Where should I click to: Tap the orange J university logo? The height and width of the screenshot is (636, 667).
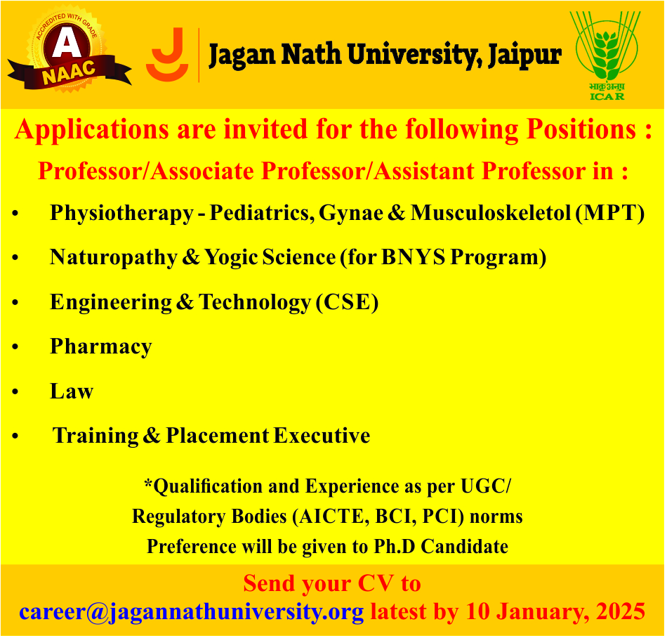[x=167, y=55]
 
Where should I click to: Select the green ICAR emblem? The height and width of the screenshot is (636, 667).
[x=606, y=56]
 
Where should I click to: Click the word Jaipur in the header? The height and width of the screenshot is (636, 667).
[x=525, y=56]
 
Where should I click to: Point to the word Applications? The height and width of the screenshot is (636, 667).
[x=92, y=130]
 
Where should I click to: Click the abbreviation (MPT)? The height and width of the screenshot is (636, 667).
[x=609, y=213]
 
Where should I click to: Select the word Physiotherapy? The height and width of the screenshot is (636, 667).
[x=121, y=213]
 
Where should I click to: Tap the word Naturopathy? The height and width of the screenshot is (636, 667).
[x=114, y=258]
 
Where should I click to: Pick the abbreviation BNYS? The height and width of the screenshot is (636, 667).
[x=413, y=257]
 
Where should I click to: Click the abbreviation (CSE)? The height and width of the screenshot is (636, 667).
[x=347, y=302]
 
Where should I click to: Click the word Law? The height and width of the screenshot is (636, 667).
[x=72, y=391]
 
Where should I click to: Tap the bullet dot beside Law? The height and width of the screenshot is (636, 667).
[x=15, y=391]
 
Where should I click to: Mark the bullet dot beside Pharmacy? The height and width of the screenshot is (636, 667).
[x=15, y=347]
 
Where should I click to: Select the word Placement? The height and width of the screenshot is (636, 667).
[x=218, y=436]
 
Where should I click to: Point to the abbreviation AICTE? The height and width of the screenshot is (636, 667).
[x=331, y=517]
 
